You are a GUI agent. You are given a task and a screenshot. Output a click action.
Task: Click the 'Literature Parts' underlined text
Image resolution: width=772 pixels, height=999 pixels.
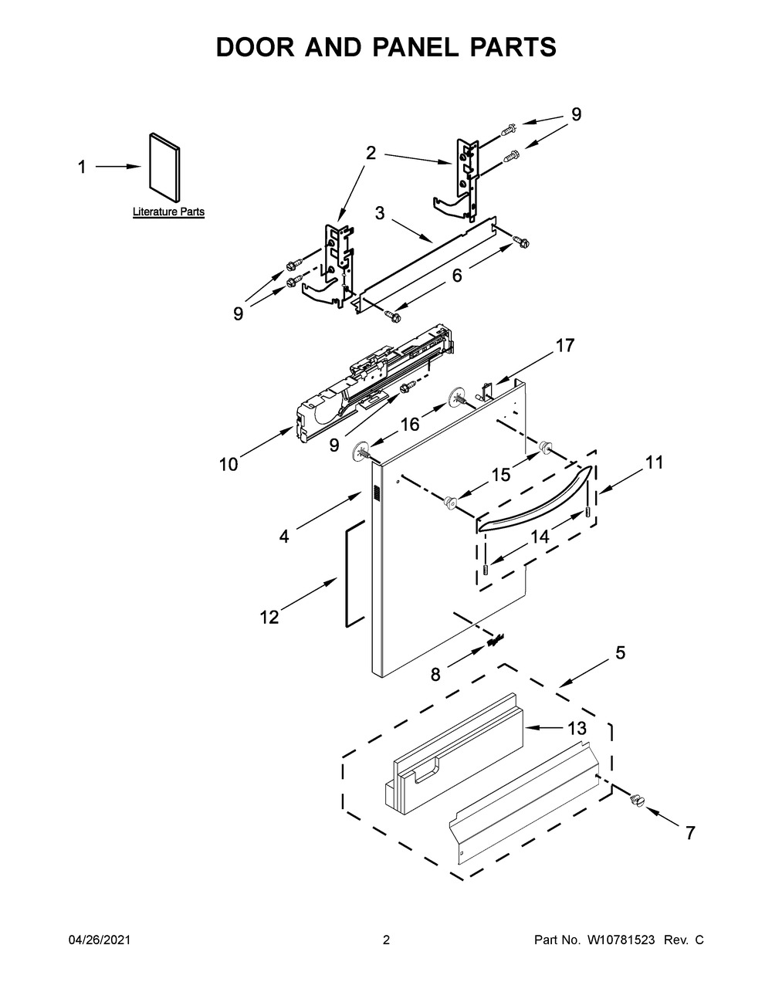click(x=168, y=212)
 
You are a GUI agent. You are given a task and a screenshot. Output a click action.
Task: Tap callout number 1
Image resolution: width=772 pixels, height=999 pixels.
click(x=82, y=167)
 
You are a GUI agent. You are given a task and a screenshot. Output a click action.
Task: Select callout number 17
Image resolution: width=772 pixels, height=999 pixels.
click(x=565, y=346)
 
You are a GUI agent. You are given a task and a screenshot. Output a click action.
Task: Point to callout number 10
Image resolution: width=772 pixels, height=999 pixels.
click(x=229, y=464)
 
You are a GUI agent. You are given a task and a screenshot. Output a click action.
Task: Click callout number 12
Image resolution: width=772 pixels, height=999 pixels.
click(x=269, y=617)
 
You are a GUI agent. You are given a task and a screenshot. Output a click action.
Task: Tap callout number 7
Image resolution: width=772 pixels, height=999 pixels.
click(x=690, y=833)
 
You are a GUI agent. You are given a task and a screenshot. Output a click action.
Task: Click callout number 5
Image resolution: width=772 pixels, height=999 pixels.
click(x=620, y=653)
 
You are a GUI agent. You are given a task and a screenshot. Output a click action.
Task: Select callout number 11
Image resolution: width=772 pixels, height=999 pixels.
click(x=654, y=462)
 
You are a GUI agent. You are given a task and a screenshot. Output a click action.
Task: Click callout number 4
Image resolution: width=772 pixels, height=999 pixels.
click(x=284, y=536)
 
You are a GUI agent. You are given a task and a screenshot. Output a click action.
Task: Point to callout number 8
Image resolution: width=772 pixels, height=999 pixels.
click(x=435, y=674)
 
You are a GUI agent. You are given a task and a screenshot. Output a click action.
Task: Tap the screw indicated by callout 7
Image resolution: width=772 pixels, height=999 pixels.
click(x=638, y=801)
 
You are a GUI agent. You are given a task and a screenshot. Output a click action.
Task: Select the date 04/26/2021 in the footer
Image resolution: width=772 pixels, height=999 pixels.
click(x=100, y=940)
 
